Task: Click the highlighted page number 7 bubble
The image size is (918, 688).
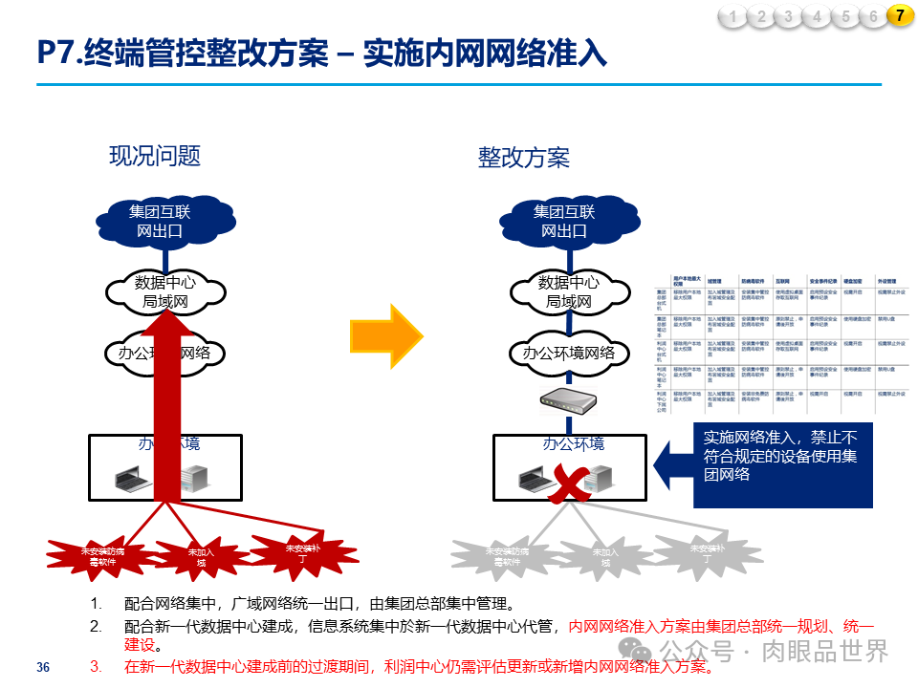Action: (x=899, y=15)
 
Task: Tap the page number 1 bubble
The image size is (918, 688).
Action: (x=732, y=15)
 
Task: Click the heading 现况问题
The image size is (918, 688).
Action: (x=155, y=156)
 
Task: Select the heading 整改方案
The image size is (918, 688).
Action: (x=523, y=158)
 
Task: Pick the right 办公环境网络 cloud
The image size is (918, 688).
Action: (x=570, y=353)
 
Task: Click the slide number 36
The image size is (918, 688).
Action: (x=42, y=667)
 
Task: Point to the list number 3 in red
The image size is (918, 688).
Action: (x=95, y=666)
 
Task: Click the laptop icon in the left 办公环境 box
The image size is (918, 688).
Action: (x=130, y=478)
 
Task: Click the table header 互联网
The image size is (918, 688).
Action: (x=782, y=282)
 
